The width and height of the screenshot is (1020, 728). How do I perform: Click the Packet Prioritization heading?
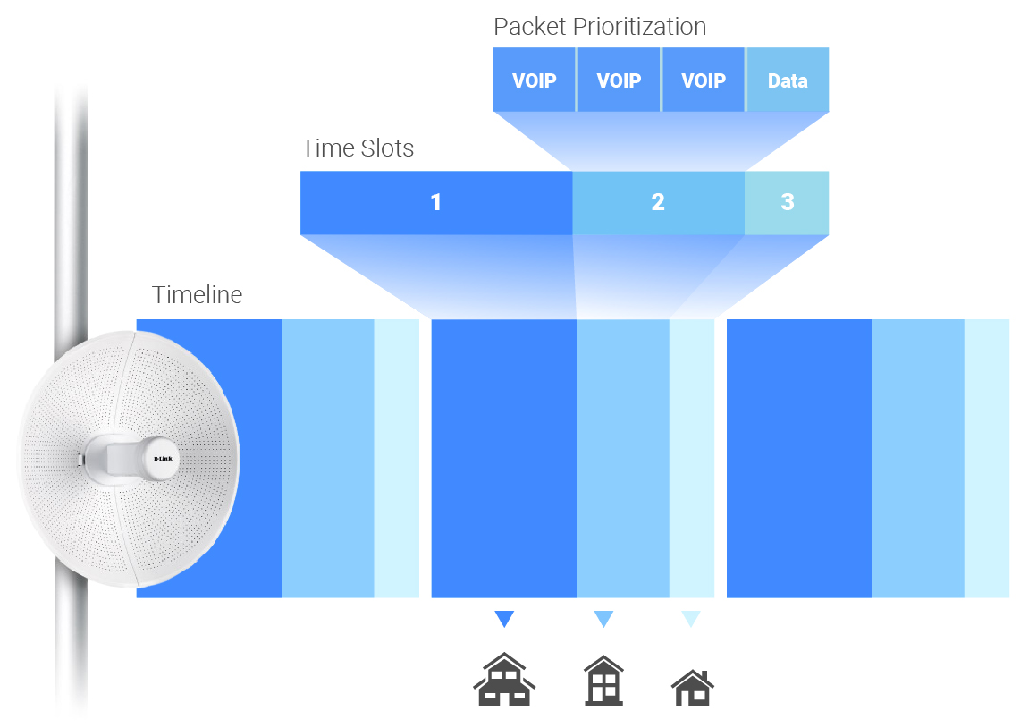click(600, 27)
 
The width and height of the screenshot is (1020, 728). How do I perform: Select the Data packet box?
click(788, 80)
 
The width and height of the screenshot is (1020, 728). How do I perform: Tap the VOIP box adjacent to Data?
click(704, 80)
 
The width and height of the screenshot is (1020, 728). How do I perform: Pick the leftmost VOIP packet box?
click(535, 80)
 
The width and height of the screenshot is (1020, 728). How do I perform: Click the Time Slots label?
click(358, 148)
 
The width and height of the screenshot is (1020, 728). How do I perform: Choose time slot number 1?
click(436, 202)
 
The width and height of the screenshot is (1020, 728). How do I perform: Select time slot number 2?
click(658, 202)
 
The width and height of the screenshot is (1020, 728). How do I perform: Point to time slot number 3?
click(787, 202)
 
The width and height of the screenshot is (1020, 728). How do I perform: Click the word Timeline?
click(198, 295)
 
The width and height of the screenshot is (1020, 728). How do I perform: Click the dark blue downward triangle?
click(504, 619)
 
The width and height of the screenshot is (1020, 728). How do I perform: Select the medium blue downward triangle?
click(603, 619)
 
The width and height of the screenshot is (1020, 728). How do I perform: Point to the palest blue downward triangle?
click(690, 619)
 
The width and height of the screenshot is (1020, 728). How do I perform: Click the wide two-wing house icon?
click(504, 680)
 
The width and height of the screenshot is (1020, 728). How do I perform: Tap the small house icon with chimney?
click(693, 688)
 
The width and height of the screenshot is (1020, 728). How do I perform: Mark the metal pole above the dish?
click(72, 206)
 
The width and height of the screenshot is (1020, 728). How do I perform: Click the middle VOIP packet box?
click(619, 80)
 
